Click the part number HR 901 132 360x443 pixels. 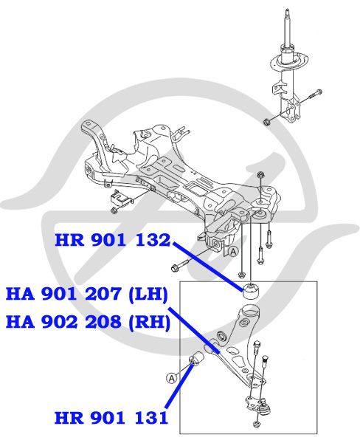(x=113, y=241)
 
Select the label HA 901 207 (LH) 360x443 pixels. (x=87, y=294)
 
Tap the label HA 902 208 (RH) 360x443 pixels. (x=88, y=322)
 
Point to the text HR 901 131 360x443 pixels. (x=111, y=418)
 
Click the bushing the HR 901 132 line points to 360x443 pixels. (x=251, y=292)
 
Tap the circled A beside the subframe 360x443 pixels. (x=233, y=252)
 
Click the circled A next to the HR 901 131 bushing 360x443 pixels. (x=172, y=378)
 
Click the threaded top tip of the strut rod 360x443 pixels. (x=287, y=11)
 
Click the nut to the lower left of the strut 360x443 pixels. (x=266, y=122)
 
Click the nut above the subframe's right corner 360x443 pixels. (x=260, y=175)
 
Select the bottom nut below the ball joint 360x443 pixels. (x=257, y=431)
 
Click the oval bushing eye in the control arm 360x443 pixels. (x=221, y=336)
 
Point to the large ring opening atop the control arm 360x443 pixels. (x=251, y=310)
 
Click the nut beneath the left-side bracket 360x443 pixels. (x=114, y=210)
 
